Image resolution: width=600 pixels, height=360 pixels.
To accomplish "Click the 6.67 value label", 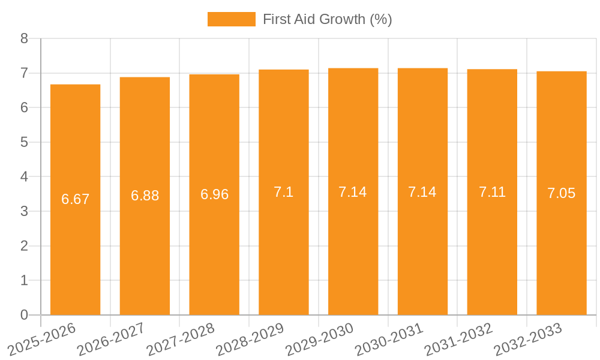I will coord(76,199).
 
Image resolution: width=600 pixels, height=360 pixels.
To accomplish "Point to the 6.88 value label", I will coord(145,196).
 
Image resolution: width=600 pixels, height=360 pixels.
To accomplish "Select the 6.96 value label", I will coord(214,194).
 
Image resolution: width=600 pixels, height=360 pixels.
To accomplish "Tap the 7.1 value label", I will coord(284,192).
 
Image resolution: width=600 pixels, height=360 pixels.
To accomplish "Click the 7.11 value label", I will coord(492,192).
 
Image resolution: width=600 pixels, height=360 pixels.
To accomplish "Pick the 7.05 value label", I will coord(562,193).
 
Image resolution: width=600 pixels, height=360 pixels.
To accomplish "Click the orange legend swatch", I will coord(231,19).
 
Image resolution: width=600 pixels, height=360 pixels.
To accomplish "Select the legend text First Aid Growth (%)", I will coord(327,19).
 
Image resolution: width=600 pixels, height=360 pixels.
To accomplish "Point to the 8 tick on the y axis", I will coord(24,39).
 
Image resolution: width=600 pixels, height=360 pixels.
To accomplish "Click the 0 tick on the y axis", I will coord(24,315).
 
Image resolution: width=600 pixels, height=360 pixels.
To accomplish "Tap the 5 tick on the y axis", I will coord(24,142).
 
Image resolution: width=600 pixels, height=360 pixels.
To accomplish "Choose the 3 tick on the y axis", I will coord(24,211).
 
